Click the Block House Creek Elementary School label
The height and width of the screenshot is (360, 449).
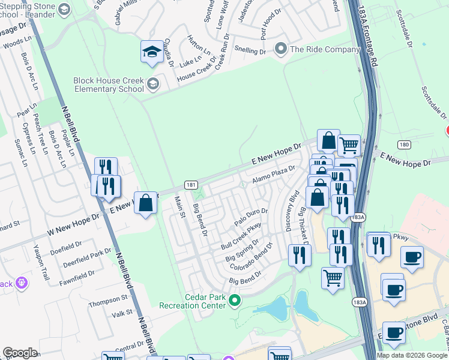point(108,85)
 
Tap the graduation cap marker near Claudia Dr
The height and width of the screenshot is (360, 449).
point(152,52)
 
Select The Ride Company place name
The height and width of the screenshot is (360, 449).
point(324,50)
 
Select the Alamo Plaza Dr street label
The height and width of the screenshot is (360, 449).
point(274,175)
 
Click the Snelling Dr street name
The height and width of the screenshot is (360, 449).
point(250,52)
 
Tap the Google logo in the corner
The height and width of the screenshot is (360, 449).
point(20,353)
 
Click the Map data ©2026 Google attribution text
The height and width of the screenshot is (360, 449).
point(412,355)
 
